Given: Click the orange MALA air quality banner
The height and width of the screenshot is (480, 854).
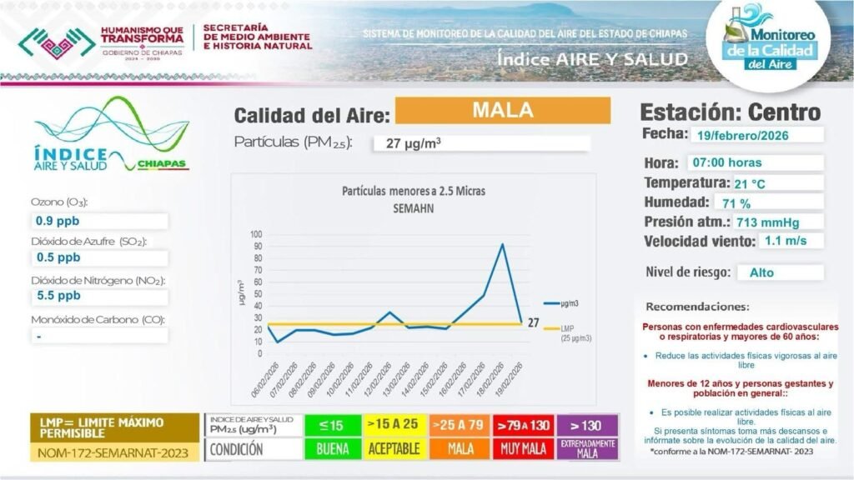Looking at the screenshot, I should [x=502, y=110].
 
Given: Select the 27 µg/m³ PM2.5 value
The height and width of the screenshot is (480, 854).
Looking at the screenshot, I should [x=414, y=143].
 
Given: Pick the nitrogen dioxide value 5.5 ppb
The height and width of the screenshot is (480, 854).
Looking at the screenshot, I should [x=58, y=295].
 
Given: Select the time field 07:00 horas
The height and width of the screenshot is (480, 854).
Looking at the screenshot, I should [x=726, y=162].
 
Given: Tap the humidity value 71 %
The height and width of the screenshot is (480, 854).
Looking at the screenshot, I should [x=736, y=203].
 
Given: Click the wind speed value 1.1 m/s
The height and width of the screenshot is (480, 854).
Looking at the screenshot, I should [x=783, y=242].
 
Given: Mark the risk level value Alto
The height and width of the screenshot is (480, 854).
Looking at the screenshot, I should [x=761, y=272].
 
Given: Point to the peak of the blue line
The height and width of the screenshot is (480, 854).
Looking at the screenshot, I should [x=502, y=244].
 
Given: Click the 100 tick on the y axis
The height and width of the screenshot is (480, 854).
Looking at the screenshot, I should [x=255, y=234].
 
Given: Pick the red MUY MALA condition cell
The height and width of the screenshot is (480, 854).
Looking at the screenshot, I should [x=522, y=449].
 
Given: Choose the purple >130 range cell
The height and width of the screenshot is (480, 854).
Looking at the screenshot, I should [x=587, y=426].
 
